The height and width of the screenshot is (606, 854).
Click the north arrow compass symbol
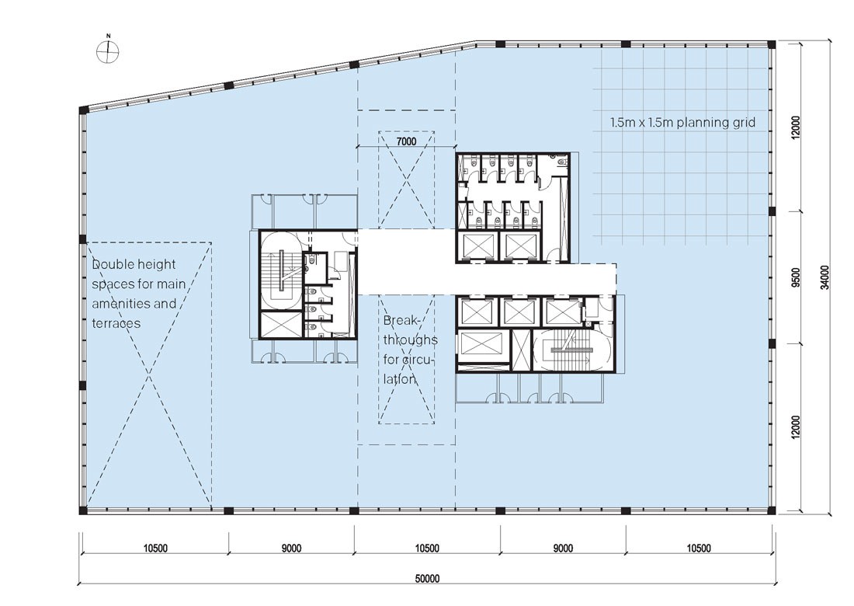click(108, 52)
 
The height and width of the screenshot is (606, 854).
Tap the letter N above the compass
click(109, 36)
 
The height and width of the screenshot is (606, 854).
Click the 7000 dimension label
click(406, 141)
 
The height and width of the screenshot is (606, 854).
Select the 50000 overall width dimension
click(427, 579)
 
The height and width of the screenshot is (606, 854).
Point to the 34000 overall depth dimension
click(825, 277)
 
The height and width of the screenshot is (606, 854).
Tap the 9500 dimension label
click(797, 277)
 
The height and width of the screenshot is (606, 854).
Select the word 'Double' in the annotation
click(113, 264)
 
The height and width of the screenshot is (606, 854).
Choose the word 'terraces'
click(116, 323)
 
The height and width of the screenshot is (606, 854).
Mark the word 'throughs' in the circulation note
click(410, 340)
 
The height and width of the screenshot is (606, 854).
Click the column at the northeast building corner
click(771, 45)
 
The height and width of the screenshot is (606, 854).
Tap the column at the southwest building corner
click(83, 510)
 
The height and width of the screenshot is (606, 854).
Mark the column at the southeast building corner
click(771, 510)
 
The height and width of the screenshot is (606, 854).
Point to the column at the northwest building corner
click(83, 110)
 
